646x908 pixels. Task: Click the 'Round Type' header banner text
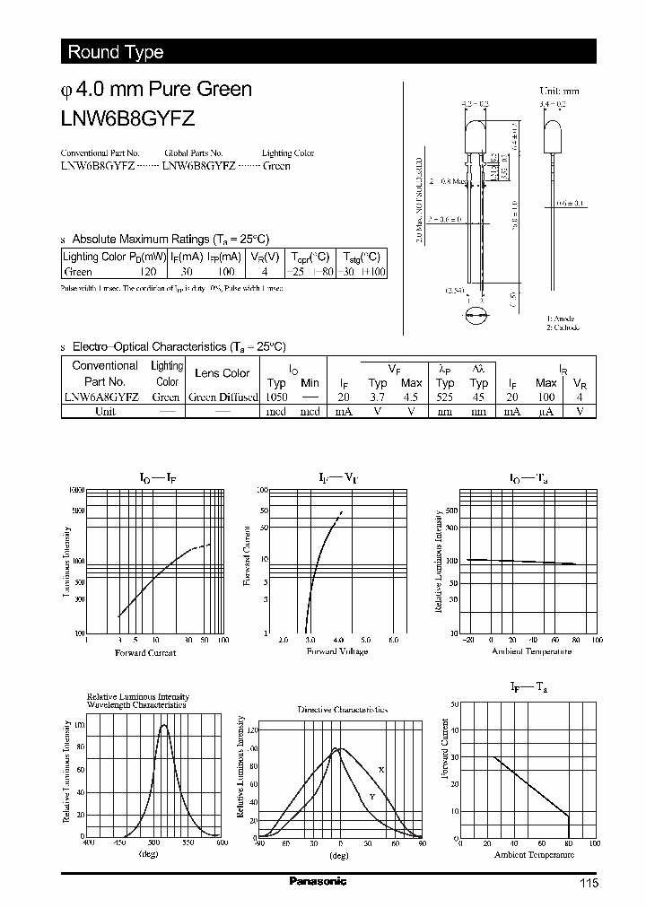pos(116,52)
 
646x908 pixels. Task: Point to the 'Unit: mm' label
pos(559,92)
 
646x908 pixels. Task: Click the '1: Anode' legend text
pos(561,319)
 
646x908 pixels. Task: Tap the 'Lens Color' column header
pos(222,373)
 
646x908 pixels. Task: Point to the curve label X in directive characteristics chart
pos(381,770)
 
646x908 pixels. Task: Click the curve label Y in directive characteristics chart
pos(371,797)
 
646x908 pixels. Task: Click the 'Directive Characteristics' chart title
pos(341,709)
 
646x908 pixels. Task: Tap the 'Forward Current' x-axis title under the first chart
pos(145,652)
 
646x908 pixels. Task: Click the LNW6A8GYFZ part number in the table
pos(99,397)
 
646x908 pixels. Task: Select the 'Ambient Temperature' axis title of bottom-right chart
pos(534,855)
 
